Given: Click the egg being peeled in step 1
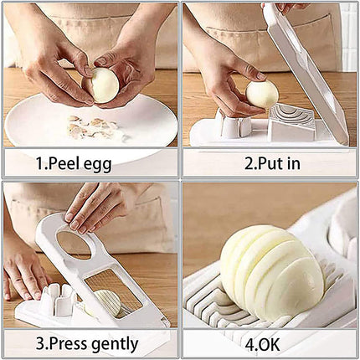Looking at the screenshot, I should pyautogui.click(x=105, y=85).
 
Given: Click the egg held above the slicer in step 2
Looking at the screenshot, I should pyautogui.click(x=262, y=94).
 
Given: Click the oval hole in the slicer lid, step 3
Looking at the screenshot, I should pyautogui.click(x=74, y=244).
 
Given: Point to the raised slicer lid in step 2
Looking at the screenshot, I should pyautogui.click(x=311, y=67).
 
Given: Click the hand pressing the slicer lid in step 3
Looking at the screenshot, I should pyautogui.click(x=96, y=206).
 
